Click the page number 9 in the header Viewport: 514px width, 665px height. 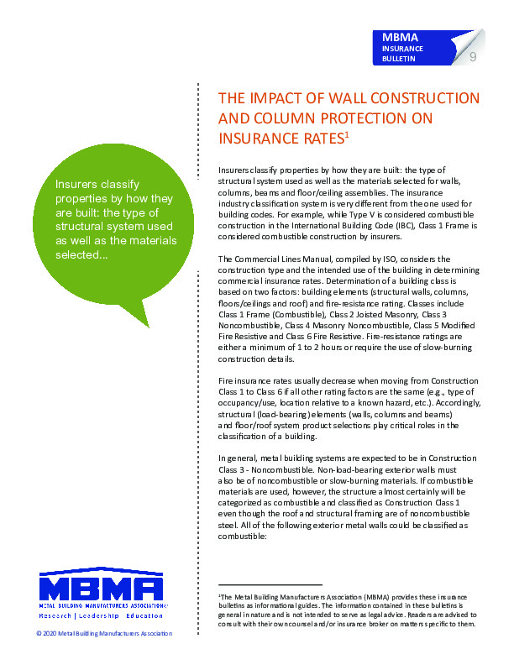click(x=473, y=56)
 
